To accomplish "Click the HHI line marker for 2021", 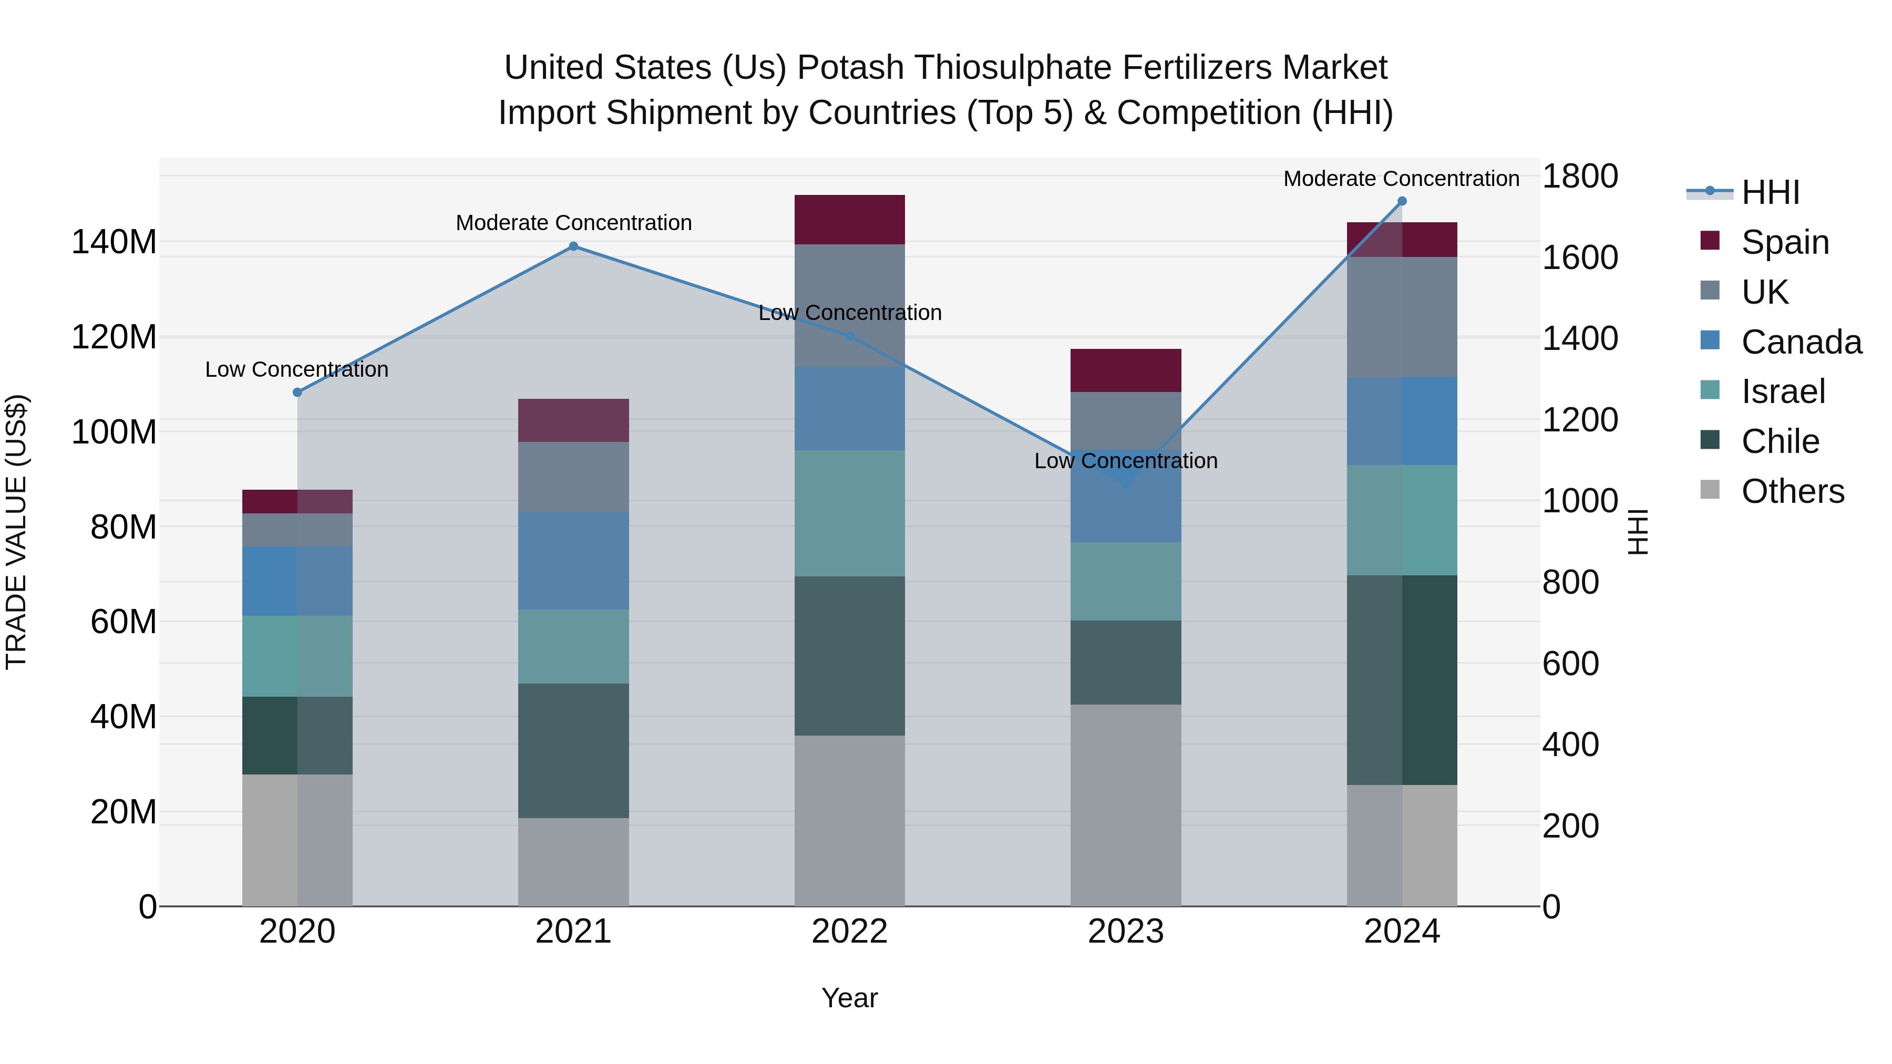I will pyautogui.click(x=573, y=247).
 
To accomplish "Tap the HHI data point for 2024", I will pyautogui.click(x=1401, y=201).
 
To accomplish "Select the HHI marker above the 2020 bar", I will pyautogui.click(x=297, y=393).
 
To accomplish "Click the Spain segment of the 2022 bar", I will pyautogui.click(x=849, y=220).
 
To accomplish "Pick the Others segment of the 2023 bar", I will pyautogui.click(x=1125, y=805).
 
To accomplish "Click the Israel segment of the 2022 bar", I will pyautogui.click(x=849, y=513).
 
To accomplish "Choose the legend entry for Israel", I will pyautogui.click(x=1783, y=391).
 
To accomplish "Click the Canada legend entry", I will pyautogui.click(x=1801, y=342).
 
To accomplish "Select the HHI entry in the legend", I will pyautogui.click(x=1770, y=192).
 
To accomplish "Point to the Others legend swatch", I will pyautogui.click(x=1710, y=490).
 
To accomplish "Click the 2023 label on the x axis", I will pyautogui.click(x=1125, y=932).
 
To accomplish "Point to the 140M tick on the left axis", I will pyautogui.click(x=114, y=242).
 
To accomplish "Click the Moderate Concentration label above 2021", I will pyautogui.click(x=573, y=222).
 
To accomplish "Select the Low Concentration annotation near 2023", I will pyautogui.click(x=1125, y=461).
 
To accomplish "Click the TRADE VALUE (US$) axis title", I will pyautogui.click(x=16, y=532).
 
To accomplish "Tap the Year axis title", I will pyautogui.click(x=849, y=998).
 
